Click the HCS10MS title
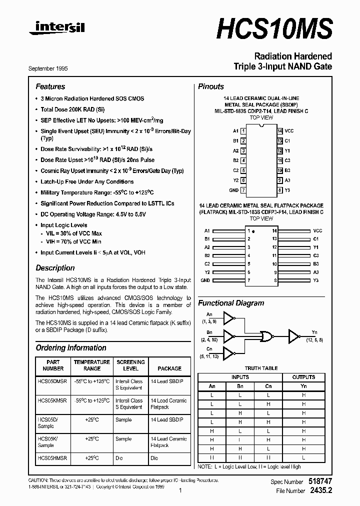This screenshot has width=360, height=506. pyautogui.click(x=274, y=28)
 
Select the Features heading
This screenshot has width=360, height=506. pyautogui.click(x=50, y=86)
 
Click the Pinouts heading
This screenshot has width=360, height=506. pyautogui.click(x=210, y=86)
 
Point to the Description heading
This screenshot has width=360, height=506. pyautogui.click(x=55, y=267)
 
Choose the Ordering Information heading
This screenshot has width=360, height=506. pyautogui.click(x=70, y=347)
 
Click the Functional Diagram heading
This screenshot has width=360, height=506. pyautogui.click(x=231, y=303)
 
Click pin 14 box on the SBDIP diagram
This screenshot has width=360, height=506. pyautogui.click(x=280, y=130)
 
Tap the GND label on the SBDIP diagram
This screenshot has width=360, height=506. pyautogui.click(x=233, y=190)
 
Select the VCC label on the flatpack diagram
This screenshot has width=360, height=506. pyautogui.click(x=317, y=231)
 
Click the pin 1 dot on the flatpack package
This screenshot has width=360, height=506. pyautogui.click(x=254, y=232)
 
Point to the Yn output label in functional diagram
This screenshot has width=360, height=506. pyautogui.click(x=314, y=331)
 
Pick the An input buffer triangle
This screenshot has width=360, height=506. pyautogui.click(x=228, y=317)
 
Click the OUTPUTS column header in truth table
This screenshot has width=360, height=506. pyautogui.click(x=303, y=377)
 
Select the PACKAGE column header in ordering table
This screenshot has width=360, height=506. pyautogui.click(x=169, y=368)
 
